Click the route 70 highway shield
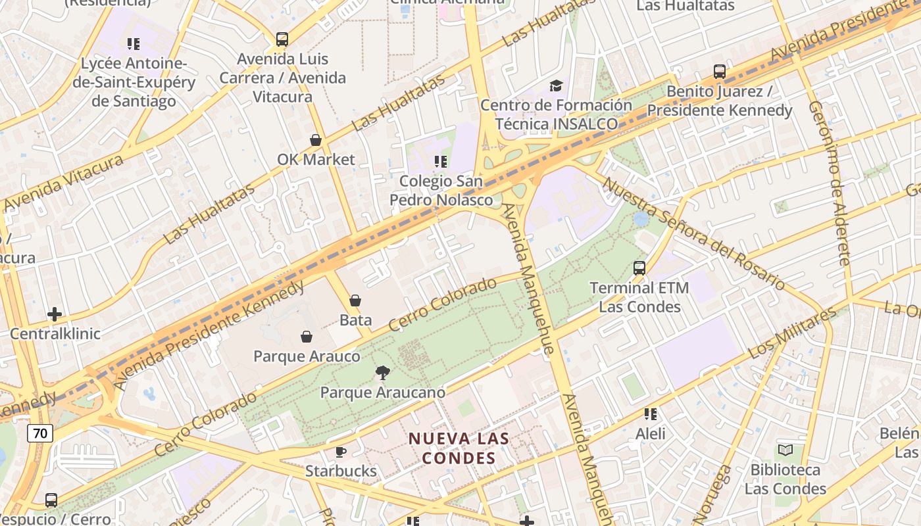pyautogui.click(x=40, y=433)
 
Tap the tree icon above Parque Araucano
pyautogui.click(x=382, y=373)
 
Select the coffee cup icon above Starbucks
pyautogui.click(x=341, y=452)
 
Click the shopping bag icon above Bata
pyautogui.click(x=355, y=300)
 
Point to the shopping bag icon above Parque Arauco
pyautogui.click(x=307, y=337)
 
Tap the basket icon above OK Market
pyautogui.click(x=316, y=140)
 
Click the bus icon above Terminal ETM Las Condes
pyautogui.click(x=639, y=268)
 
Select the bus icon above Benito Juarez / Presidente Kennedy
pyautogui.click(x=720, y=72)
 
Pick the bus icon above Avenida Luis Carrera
pyautogui.click(x=282, y=39)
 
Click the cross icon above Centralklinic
pyautogui.click(x=55, y=314)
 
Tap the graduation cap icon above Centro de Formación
pyautogui.click(x=556, y=85)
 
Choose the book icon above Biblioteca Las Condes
pyautogui.click(x=785, y=450)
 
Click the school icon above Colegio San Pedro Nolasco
pyautogui.click(x=441, y=161)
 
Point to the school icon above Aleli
pyautogui.click(x=651, y=414)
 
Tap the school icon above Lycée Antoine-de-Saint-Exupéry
pyautogui.click(x=134, y=44)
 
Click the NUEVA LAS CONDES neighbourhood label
pyautogui.click(x=459, y=448)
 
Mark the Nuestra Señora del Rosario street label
pyautogui.click(x=694, y=233)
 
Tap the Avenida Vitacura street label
pyautogui.click(x=63, y=183)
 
